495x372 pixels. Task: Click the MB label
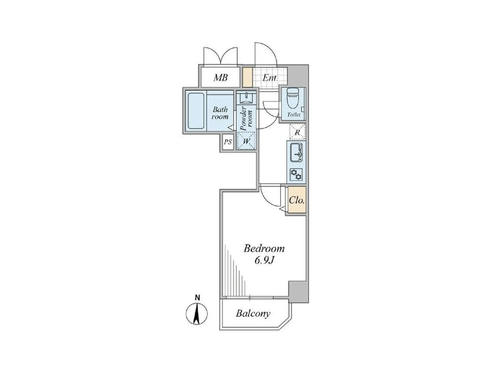(x=221, y=78)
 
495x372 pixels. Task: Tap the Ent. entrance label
(x=270, y=78)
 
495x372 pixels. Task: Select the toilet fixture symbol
(x=292, y=98)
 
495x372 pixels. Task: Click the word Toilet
(x=294, y=115)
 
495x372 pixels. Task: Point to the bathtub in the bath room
(x=196, y=111)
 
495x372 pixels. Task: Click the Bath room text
(x=220, y=113)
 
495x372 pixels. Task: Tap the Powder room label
(x=246, y=118)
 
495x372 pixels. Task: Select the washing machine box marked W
(x=246, y=141)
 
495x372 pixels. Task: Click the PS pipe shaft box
(x=228, y=142)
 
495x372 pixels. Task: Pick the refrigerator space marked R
(x=297, y=132)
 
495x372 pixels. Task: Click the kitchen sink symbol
(x=296, y=153)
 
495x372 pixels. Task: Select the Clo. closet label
(x=297, y=200)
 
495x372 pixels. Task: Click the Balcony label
(x=253, y=314)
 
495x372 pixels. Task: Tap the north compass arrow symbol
(x=197, y=314)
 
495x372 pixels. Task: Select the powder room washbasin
(x=246, y=98)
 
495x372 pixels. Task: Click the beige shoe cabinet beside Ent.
(x=247, y=77)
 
